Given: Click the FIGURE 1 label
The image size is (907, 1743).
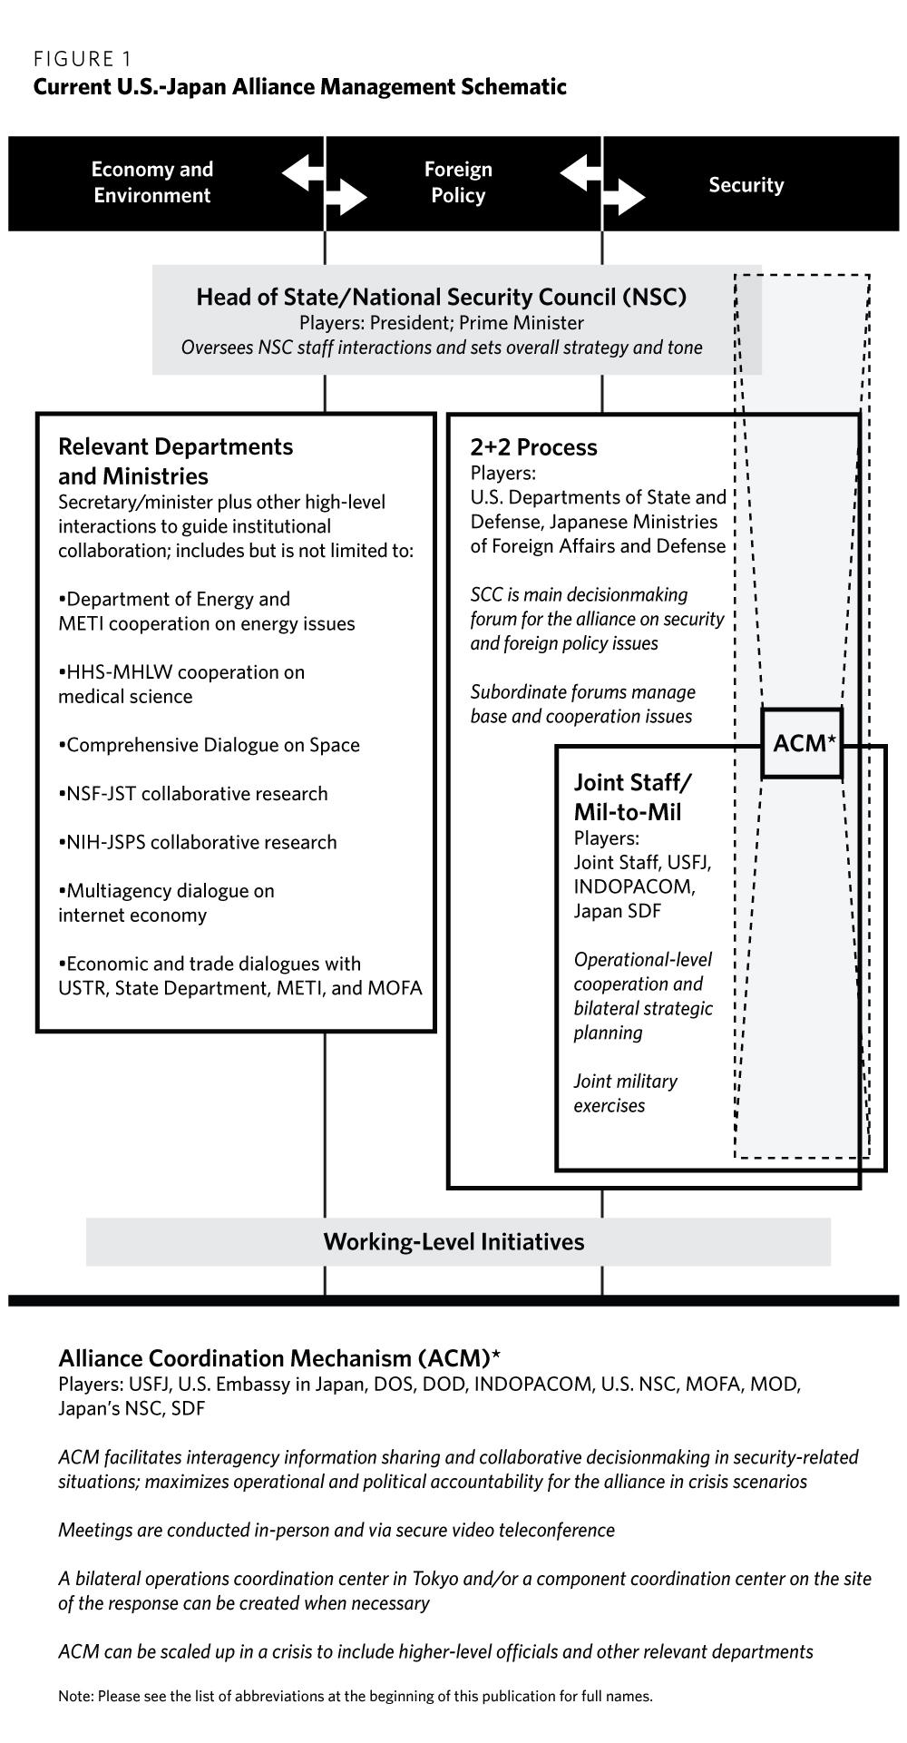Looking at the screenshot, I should (83, 60).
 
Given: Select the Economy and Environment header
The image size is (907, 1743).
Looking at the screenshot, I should (152, 182).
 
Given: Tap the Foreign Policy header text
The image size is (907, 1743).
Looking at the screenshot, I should (458, 182).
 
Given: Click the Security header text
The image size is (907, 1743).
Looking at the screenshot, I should (746, 185).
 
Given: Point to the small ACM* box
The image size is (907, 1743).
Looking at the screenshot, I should (803, 744).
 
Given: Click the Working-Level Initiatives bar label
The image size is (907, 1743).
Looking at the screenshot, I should (453, 1241).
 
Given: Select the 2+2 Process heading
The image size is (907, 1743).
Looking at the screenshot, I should (533, 447).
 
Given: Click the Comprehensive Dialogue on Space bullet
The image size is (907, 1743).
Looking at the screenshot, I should (210, 745).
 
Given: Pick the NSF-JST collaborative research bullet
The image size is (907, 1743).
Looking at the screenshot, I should (193, 794).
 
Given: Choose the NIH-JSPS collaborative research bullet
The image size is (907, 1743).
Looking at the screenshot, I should (198, 842).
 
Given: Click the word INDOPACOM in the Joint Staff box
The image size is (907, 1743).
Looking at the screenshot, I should (634, 886).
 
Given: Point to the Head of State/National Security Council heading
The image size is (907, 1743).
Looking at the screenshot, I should (441, 297).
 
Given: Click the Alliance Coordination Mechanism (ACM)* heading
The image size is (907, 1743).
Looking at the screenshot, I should (279, 1358).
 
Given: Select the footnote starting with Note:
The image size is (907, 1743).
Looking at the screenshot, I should (355, 1696).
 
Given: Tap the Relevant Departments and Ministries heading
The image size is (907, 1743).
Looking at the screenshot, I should (176, 461).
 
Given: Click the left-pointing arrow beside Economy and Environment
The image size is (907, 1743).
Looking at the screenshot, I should (303, 171).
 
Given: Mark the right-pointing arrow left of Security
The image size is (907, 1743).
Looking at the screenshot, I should (624, 197).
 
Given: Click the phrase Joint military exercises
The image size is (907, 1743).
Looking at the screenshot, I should (625, 1093).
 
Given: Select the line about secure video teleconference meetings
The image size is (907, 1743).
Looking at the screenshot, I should (336, 1530).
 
